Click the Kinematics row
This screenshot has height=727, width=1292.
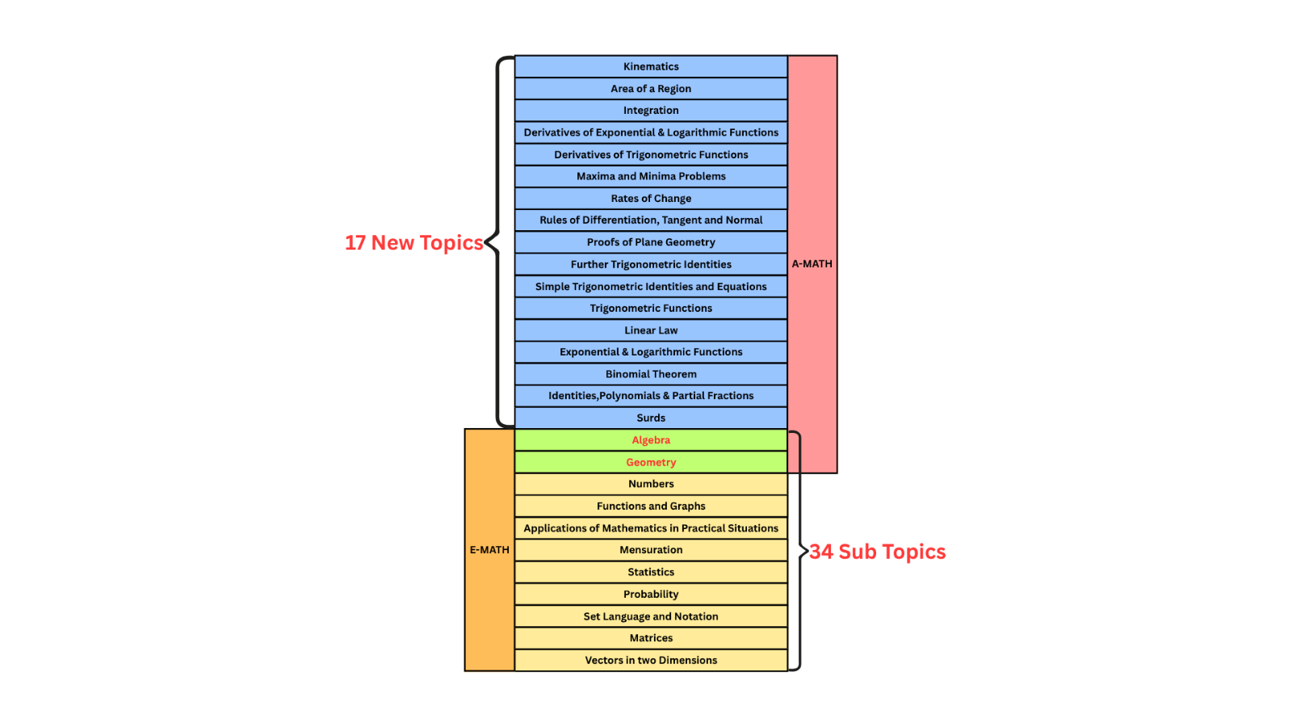651,66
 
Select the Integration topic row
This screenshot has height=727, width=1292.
651,110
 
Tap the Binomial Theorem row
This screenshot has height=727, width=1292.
651,374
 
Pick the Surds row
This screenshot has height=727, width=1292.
651,418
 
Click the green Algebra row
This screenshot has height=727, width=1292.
651,440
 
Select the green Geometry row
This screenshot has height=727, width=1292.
651,462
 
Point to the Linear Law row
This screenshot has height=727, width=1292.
651,330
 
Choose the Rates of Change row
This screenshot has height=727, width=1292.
651,198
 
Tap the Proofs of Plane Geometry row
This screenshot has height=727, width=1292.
651,242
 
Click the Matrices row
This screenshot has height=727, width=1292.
651,638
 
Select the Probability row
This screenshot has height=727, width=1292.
651,594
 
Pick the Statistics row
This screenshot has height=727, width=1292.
651,572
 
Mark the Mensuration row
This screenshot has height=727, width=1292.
651,550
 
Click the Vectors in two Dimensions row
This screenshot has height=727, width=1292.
651,660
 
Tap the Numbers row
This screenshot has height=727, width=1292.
651,484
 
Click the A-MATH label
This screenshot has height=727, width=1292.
812,264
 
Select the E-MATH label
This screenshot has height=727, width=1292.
489,550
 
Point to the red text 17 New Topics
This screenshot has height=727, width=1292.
413,242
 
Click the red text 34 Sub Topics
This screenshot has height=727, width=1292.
878,552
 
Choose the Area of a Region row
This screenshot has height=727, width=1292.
651,89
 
